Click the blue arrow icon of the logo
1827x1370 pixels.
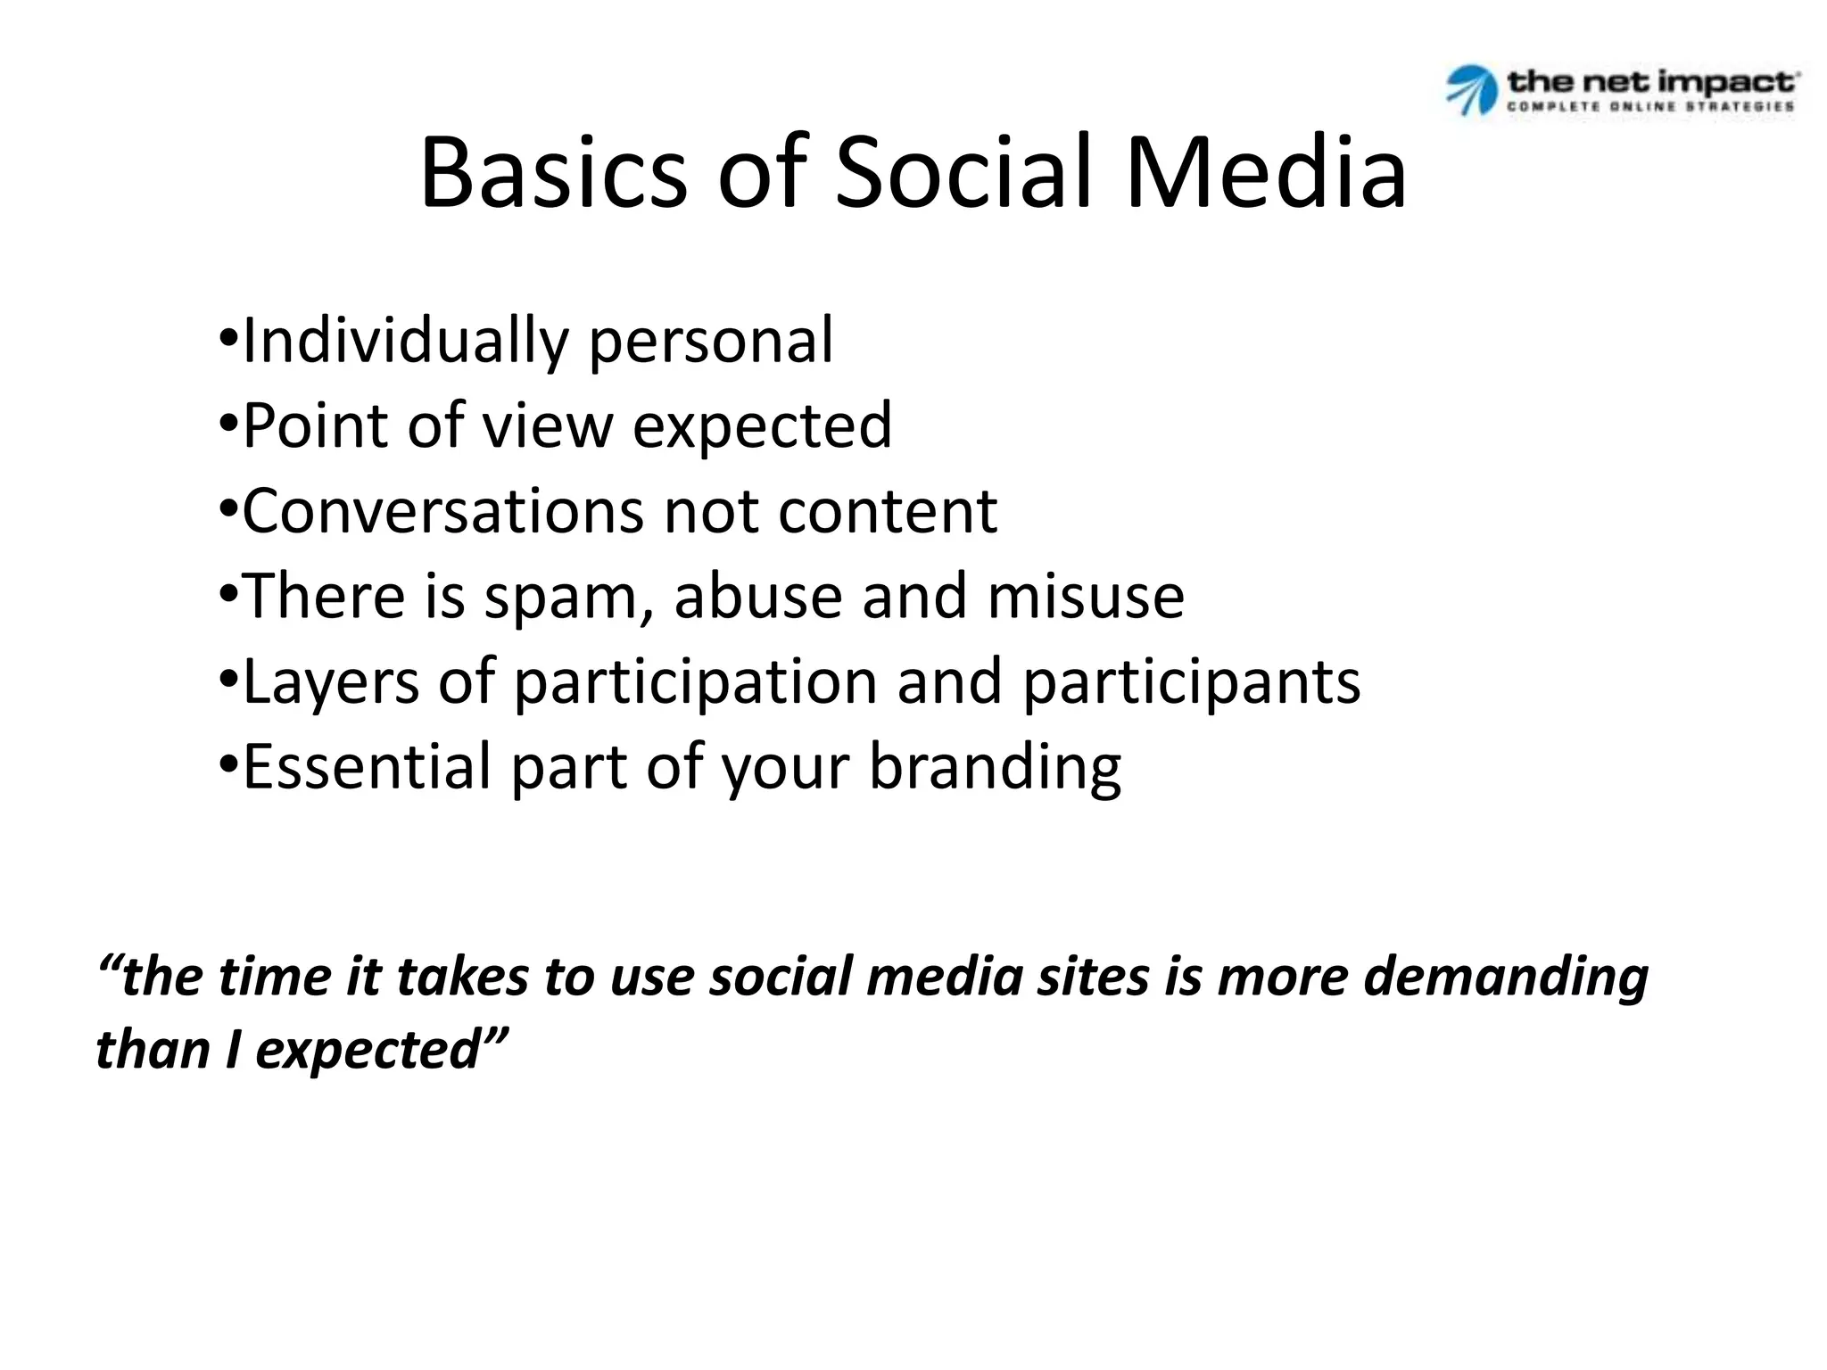coord(1470,89)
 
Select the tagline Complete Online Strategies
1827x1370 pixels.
coord(1650,106)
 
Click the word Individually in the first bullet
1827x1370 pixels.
coord(405,341)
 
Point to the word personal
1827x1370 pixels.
coord(711,341)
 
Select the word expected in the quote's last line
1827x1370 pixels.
coord(368,1051)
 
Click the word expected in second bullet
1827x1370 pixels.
coord(762,425)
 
